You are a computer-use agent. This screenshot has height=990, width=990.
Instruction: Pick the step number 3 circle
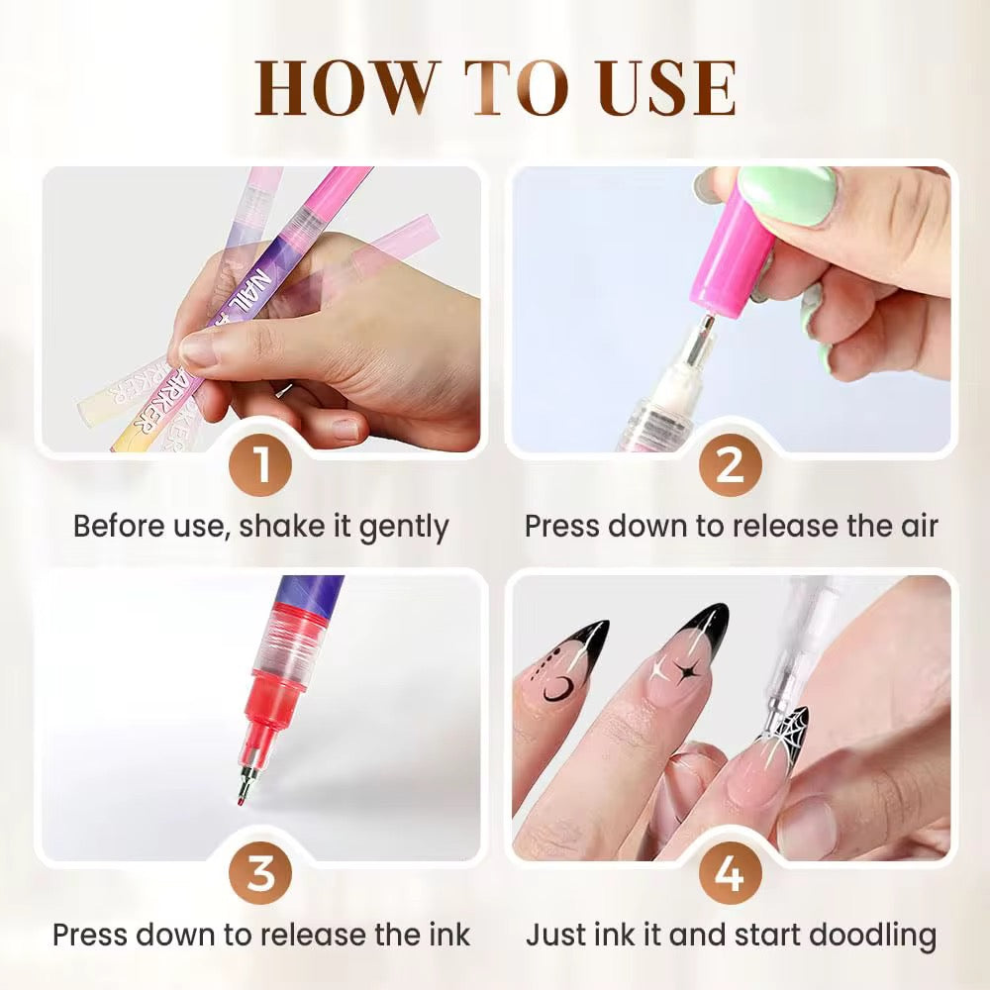[x=260, y=874]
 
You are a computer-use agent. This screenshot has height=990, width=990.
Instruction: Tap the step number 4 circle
[x=730, y=874]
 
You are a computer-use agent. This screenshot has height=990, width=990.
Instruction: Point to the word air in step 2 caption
[x=918, y=526]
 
